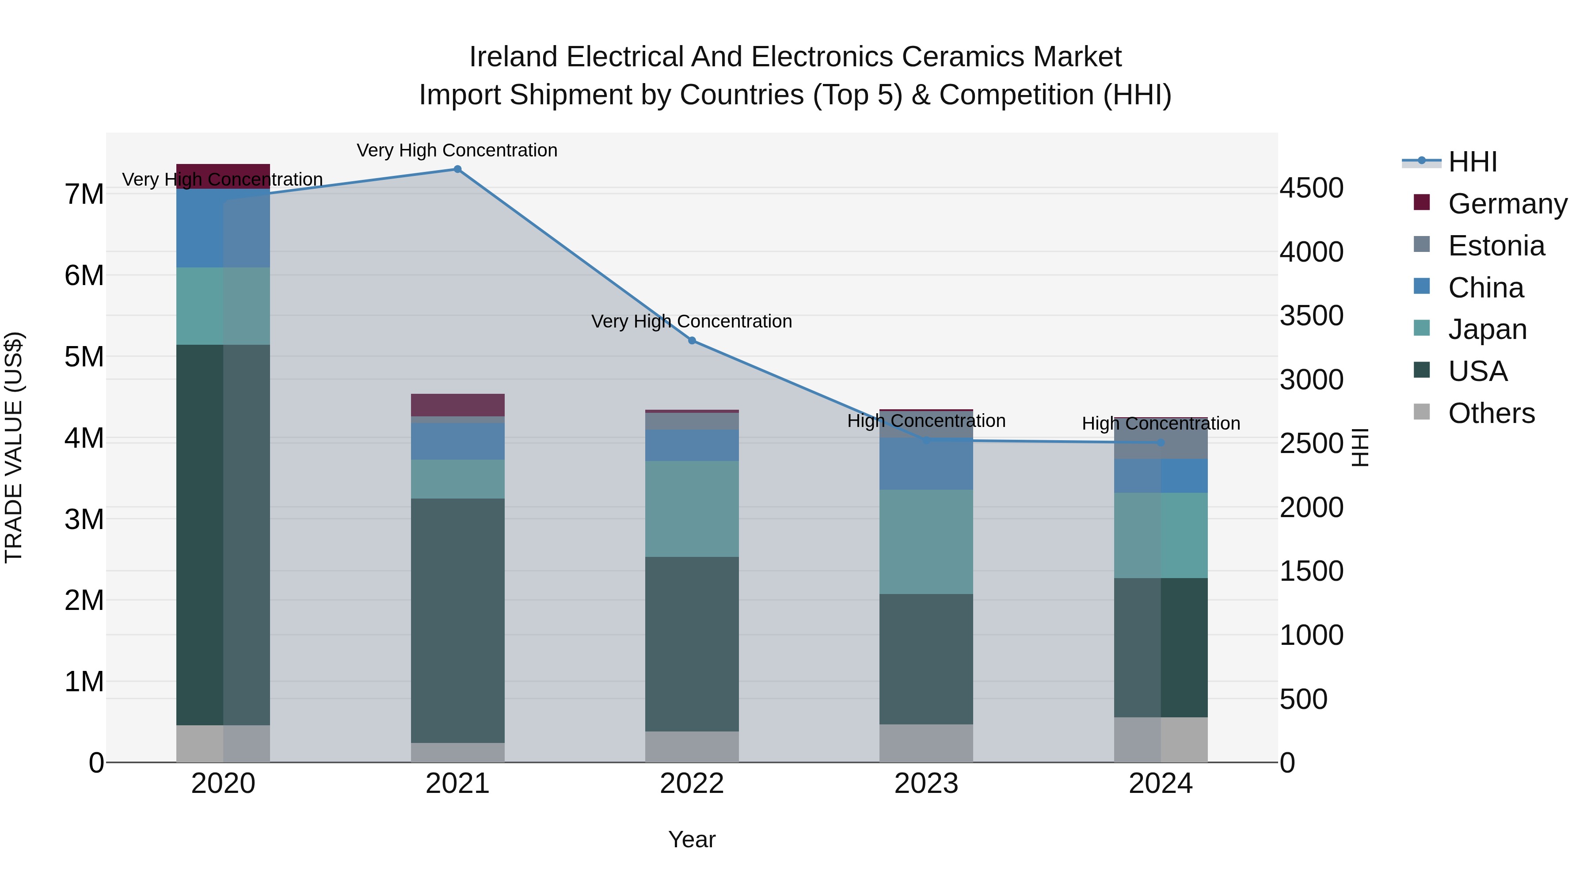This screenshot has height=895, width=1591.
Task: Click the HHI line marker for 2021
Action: click(457, 169)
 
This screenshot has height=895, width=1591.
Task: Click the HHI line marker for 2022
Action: click(692, 341)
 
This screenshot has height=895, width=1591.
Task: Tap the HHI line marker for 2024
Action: click(1161, 443)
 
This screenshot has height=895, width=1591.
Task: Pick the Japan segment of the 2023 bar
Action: click(926, 542)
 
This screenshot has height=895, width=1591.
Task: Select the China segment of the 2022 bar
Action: click(692, 446)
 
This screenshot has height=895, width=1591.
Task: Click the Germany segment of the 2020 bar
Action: click(223, 176)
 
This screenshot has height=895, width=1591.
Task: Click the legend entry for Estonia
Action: click(1496, 246)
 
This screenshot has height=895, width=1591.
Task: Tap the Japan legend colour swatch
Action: click(1421, 328)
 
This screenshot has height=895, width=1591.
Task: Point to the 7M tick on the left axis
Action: click(84, 194)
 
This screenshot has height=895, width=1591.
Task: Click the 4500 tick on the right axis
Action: click(1311, 188)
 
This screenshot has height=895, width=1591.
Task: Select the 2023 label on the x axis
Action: click(926, 784)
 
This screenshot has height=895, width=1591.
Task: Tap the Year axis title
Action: click(692, 839)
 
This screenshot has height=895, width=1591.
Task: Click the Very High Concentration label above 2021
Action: click(457, 150)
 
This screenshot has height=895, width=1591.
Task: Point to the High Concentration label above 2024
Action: click(1161, 424)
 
